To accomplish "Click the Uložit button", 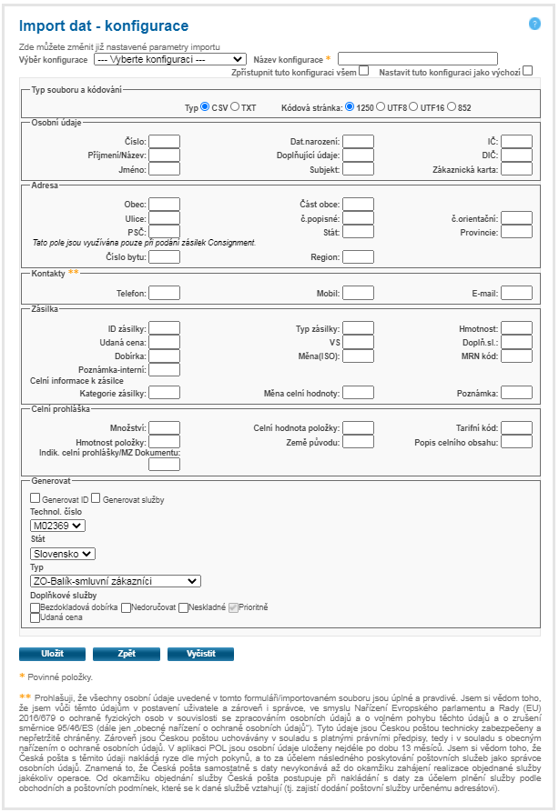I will coord(52,654).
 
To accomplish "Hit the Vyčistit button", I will coord(200,654).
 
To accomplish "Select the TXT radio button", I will coord(235,107).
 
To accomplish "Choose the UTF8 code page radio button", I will coord(381,107).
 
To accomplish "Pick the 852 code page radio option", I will coord(452,107).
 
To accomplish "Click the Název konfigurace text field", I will coord(418,59).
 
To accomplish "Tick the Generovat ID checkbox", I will coord(36,498).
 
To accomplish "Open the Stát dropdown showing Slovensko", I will coord(62,552).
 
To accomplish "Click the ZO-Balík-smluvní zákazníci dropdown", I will coord(115,580).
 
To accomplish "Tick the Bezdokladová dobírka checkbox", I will coord(36,606).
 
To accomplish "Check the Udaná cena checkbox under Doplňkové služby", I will coord(36,617).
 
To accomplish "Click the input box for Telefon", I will coord(164,293).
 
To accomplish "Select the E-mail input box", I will coord(516,293).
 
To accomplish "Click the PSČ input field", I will coord(164,232).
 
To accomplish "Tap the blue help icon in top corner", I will coord(534,24).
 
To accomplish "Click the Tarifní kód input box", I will coord(516,427).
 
